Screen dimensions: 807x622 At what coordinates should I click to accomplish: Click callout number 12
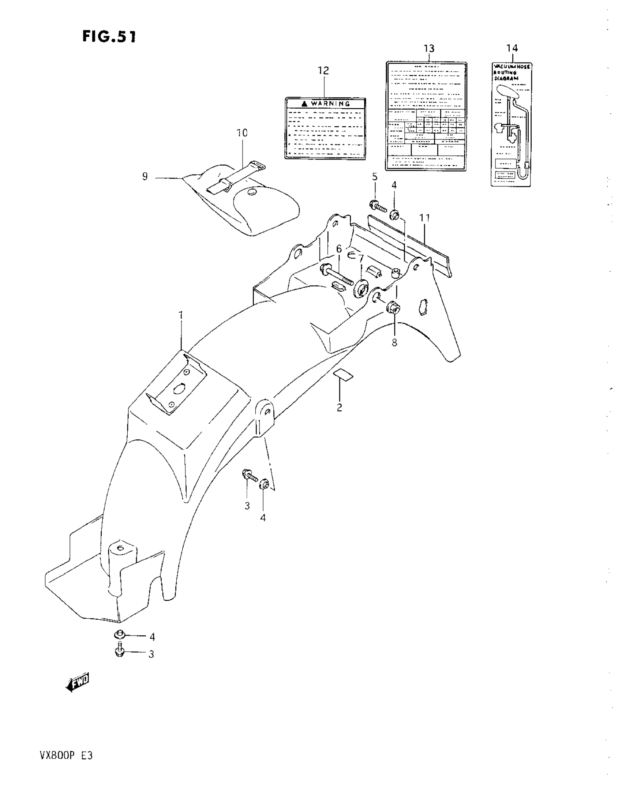click(323, 70)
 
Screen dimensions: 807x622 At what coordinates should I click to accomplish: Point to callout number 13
click(429, 48)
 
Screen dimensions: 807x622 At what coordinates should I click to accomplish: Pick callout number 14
click(512, 48)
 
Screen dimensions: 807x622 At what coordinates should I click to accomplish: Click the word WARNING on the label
click(330, 104)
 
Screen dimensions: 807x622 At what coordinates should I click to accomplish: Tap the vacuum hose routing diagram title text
click(512, 72)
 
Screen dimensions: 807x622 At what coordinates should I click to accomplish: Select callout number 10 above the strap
click(242, 133)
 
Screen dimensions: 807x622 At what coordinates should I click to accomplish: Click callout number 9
click(145, 177)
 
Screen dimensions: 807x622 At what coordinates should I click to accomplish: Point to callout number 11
click(425, 218)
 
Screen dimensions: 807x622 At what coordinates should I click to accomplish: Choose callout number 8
click(394, 342)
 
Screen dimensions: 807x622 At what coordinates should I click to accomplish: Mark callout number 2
click(339, 408)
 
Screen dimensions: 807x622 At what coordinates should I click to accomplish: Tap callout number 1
click(181, 316)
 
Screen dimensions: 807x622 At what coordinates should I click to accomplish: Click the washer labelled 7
click(360, 288)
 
